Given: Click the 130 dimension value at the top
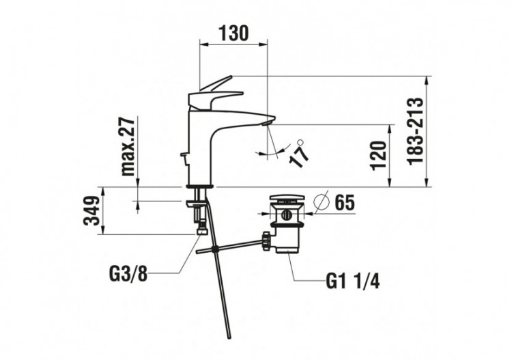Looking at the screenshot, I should (233, 32).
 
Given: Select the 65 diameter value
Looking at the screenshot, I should (344, 203).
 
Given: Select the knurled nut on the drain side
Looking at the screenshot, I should (264, 240).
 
